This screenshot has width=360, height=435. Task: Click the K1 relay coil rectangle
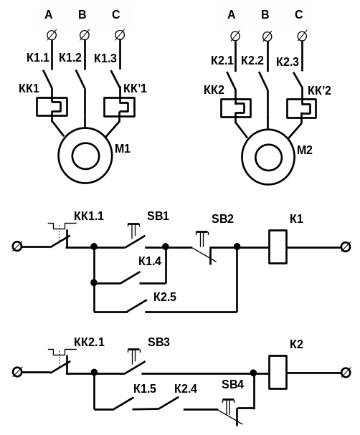pyautogui.click(x=278, y=247)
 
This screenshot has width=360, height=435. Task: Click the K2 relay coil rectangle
pyautogui.click(x=278, y=373)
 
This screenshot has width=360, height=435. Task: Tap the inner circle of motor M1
pyautogui.click(x=86, y=156)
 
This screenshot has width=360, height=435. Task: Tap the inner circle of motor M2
pyautogui.click(x=269, y=157)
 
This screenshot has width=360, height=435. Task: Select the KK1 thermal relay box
pyautogui.click(x=52, y=107)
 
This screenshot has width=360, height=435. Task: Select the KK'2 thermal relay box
pyautogui.click(x=302, y=108)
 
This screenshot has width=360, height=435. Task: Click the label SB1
pyautogui.click(x=158, y=216)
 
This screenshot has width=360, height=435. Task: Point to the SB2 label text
pyautogui.click(x=222, y=219)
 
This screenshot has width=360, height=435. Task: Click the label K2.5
pyautogui.click(x=165, y=297)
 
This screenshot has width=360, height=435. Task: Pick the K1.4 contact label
pyautogui.click(x=150, y=261)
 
